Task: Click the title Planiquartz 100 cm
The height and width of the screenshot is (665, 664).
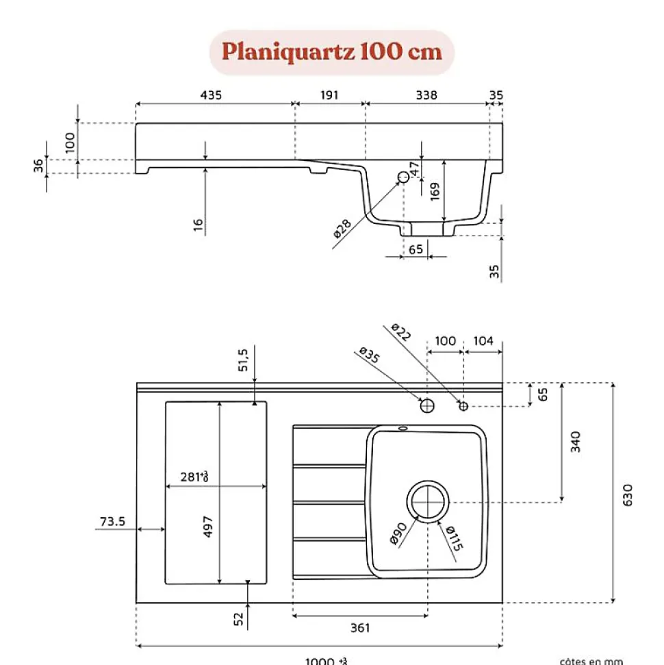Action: click(332, 52)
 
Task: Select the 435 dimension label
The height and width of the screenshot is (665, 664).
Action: click(211, 95)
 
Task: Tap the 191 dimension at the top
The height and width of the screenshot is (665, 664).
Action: click(329, 95)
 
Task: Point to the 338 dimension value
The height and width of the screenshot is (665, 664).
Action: click(426, 95)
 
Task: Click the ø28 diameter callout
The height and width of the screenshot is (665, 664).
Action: click(342, 228)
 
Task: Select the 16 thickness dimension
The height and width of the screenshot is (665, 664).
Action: click(199, 225)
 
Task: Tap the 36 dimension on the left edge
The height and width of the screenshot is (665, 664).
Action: click(39, 166)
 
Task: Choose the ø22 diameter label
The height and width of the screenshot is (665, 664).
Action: click(402, 332)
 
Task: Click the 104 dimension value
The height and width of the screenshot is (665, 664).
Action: click(483, 341)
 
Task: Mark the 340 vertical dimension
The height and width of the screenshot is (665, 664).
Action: click(575, 442)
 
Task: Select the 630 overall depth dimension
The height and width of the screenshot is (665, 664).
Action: click(628, 494)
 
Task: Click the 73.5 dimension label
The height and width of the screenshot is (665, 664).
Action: click(112, 522)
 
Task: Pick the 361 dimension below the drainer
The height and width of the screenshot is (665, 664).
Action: click(360, 627)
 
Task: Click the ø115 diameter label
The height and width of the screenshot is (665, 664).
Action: click(454, 539)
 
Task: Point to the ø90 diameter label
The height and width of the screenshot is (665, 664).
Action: click(399, 532)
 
